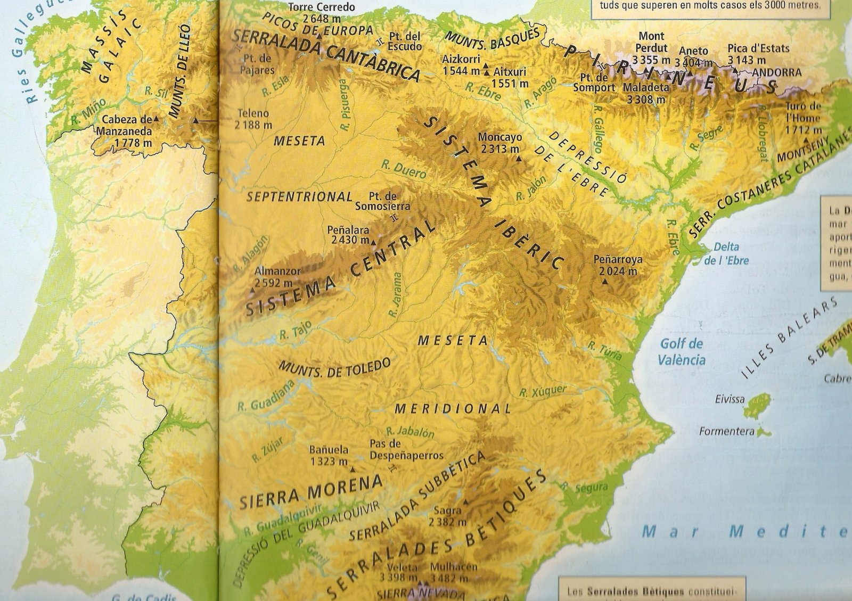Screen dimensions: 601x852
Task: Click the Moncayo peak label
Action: (x=499, y=143)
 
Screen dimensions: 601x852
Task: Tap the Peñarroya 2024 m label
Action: (x=618, y=265)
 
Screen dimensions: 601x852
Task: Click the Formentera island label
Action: (x=726, y=431)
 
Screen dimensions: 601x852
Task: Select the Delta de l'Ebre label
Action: (x=726, y=253)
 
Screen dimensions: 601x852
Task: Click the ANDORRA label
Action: (x=776, y=72)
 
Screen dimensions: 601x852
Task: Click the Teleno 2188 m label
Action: (x=253, y=119)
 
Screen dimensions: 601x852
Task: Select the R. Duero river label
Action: (x=404, y=169)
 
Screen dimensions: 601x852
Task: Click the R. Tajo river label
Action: (x=295, y=332)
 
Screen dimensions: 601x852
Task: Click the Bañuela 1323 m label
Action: (x=329, y=455)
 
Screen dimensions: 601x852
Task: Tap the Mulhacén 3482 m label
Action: (x=453, y=572)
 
